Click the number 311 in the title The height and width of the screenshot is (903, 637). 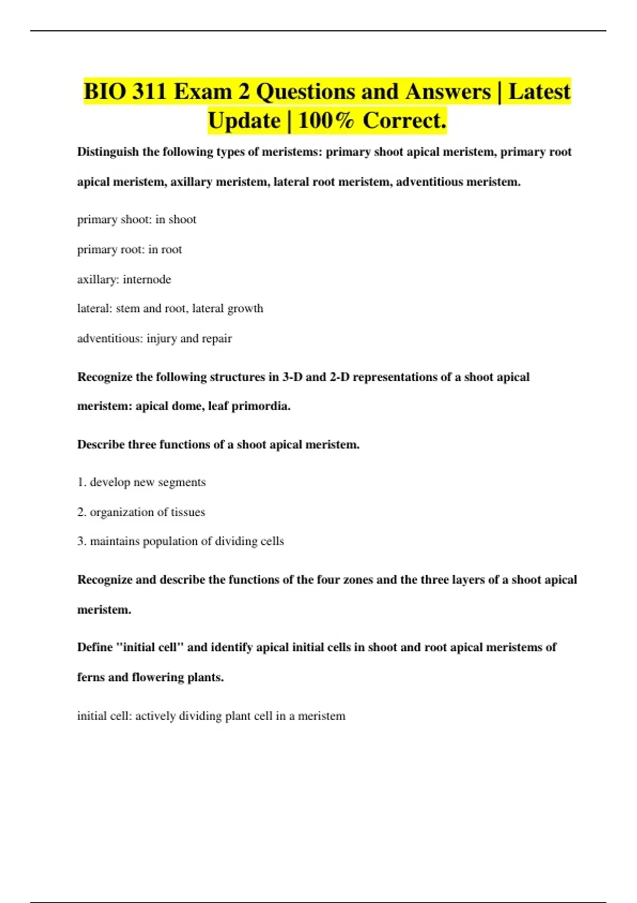click(x=149, y=91)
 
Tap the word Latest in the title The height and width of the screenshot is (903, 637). click(x=539, y=91)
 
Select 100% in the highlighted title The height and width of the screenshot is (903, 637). click(x=326, y=121)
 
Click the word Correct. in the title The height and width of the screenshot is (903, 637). click(x=404, y=121)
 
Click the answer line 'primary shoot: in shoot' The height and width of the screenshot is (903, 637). click(x=136, y=219)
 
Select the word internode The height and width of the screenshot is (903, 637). click(x=147, y=279)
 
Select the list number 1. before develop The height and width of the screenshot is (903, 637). click(x=81, y=482)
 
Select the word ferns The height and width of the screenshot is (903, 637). click(x=91, y=677)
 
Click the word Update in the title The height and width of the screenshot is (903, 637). click(x=244, y=121)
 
